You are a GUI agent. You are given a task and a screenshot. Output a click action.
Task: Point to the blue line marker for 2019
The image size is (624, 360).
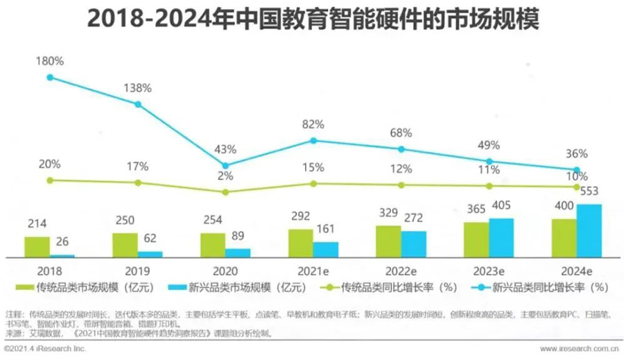(138, 104)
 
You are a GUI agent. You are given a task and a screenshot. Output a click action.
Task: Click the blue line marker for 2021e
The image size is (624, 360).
(313, 140)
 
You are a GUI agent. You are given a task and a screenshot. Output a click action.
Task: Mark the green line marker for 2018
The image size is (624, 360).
(50, 180)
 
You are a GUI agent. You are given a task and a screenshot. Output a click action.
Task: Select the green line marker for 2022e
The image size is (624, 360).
(401, 185)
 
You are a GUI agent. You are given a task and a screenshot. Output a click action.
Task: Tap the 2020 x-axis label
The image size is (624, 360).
(225, 271)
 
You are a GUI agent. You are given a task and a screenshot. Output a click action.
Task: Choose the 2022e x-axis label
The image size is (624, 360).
(401, 271)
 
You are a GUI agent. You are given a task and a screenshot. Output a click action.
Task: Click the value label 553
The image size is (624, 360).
(589, 191)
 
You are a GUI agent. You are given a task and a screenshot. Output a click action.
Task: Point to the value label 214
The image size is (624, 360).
(37, 225)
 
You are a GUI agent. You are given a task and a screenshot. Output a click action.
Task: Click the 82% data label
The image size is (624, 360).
(313, 125)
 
